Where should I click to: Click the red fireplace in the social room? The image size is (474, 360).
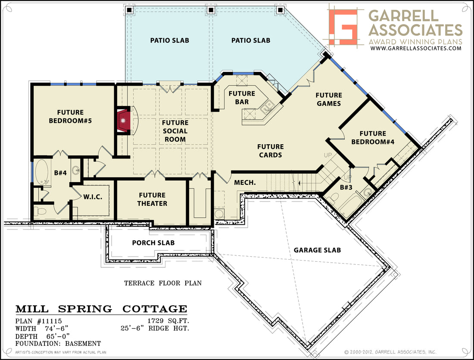pyautogui.click(x=123, y=121)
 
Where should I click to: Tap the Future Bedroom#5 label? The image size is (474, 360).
pyautogui.click(x=70, y=117)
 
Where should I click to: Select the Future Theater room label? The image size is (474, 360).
pyautogui.click(x=152, y=199)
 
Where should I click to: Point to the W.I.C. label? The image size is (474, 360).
pyautogui.click(x=93, y=197)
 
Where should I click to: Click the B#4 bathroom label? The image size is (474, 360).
pyautogui.click(x=60, y=173)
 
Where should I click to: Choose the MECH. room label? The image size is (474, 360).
pyautogui.click(x=245, y=183)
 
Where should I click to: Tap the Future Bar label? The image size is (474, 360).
pyautogui.click(x=242, y=98)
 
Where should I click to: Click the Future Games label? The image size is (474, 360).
pyautogui.click(x=329, y=99)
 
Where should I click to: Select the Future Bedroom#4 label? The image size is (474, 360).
pyautogui.click(x=373, y=137)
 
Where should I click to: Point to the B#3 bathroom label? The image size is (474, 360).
pyautogui.click(x=346, y=187)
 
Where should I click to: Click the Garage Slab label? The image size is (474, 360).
pyautogui.click(x=317, y=250)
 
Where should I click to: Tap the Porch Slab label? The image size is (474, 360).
pyautogui.click(x=153, y=243)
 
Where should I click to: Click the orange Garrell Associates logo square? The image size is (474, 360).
pyautogui.click(x=343, y=27)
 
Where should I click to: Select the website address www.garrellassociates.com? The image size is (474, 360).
pyautogui.click(x=416, y=48)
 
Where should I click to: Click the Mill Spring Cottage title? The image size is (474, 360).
pyautogui.click(x=101, y=309)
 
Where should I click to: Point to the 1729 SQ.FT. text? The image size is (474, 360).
pyautogui.click(x=168, y=321)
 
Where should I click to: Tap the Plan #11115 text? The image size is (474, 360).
pyautogui.click(x=38, y=321)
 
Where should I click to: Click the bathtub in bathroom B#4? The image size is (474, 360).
pyautogui.click(x=42, y=172)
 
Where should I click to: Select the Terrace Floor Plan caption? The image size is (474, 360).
pyautogui.click(x=162, y=283)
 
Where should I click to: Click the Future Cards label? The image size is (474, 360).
pyautogui.click(x=270, y=151)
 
